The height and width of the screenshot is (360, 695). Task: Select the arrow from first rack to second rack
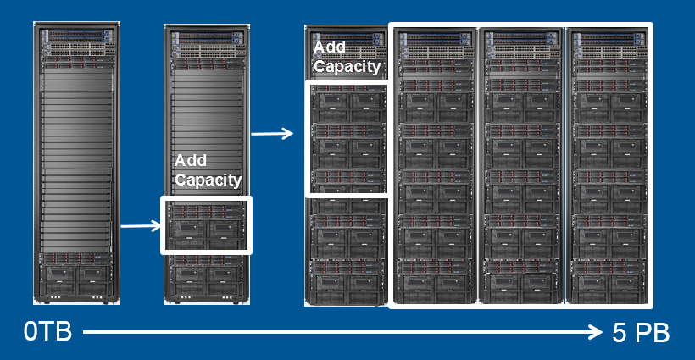pos(140,225)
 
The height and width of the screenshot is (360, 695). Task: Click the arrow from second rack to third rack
pos(271,133)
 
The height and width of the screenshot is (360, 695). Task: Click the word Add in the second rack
pos(191,160)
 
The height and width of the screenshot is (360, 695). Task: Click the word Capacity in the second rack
pos(208,180)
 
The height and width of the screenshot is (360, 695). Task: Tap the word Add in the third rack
pos(330,47)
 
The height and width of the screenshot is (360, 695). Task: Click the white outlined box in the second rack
pos(206,225)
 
